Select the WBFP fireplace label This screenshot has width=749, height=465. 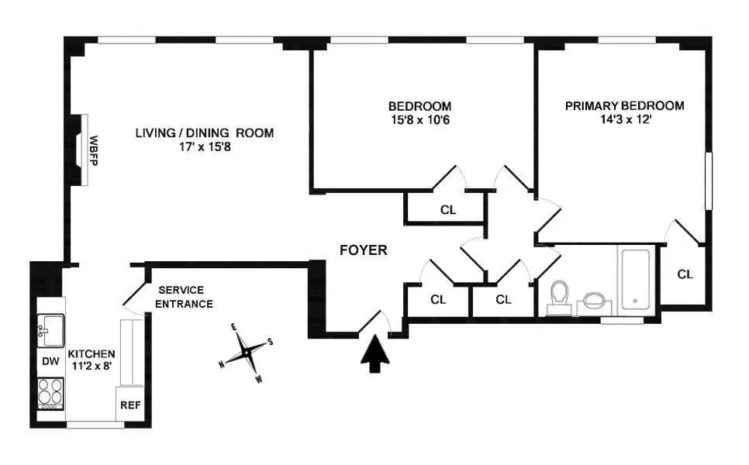pos(93,151)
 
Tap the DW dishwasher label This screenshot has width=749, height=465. pos(50,361)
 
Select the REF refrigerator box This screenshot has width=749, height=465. pos(128,405)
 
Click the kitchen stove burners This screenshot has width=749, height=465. pos(50,392)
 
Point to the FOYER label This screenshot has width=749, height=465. pos(363,250)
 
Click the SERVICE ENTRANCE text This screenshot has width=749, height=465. pos(184,297)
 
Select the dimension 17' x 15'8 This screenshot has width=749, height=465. pos(205,146)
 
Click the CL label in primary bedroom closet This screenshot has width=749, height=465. pos(684,274)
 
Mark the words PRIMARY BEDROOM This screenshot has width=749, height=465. pos(624,106)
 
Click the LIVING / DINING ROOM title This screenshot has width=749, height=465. pos(205,133)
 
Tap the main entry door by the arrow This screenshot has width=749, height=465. pos(374,324)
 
